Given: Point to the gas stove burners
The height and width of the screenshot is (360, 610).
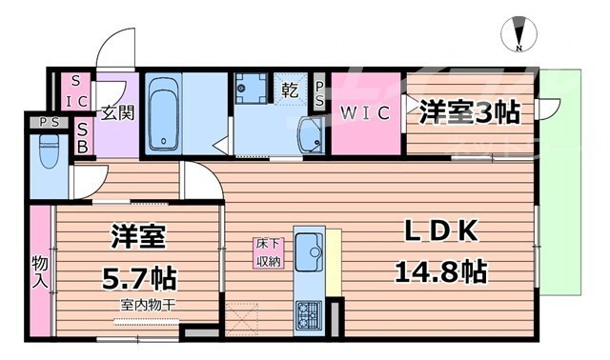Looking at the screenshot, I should (x=310, y=313).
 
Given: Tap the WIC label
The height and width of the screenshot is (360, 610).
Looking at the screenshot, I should (x=364, y=114).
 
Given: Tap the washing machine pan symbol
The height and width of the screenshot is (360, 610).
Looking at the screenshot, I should (x=252, y=93).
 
